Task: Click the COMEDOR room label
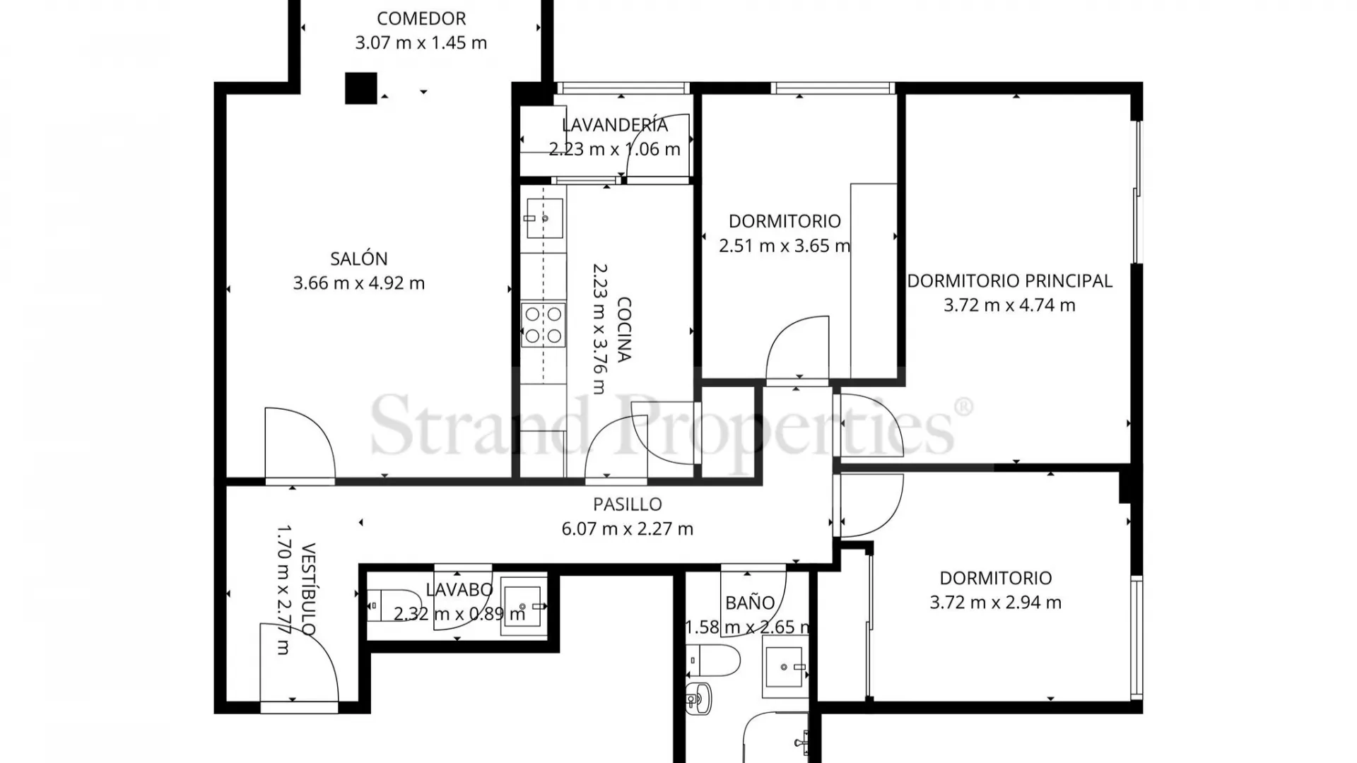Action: [421, 18]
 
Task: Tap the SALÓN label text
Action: [358, 259]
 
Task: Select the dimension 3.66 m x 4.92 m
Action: [358, 283]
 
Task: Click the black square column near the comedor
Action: [360, 88]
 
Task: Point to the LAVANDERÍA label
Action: [614, 125]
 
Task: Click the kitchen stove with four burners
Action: [543, 325]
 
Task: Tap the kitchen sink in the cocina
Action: [544, 218]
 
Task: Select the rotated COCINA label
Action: [623, 329]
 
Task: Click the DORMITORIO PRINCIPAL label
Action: [1009, 280]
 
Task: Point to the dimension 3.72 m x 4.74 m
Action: [1009, 305]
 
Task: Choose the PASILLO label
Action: [627, 504]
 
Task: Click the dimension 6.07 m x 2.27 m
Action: [627, 529]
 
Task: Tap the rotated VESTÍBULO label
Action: [308, 589]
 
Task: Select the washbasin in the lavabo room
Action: [524, 606]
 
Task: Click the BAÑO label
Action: [750, 603]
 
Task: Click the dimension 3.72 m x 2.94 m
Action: [995, 603]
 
